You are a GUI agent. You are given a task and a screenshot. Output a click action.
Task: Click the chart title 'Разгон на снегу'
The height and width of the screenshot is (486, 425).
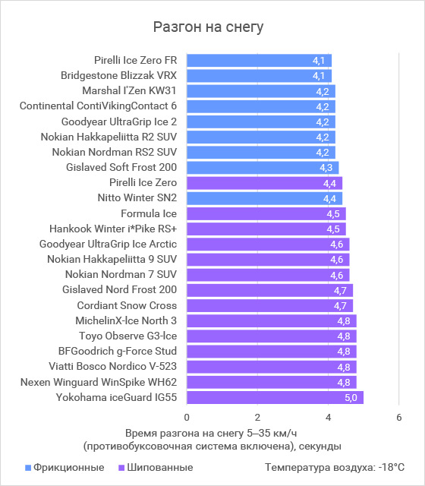[208, 27]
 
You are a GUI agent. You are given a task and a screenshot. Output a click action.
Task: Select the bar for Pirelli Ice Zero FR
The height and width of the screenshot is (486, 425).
[259, 61]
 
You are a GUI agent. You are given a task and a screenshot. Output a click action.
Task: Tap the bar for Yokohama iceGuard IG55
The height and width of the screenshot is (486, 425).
[275, 397]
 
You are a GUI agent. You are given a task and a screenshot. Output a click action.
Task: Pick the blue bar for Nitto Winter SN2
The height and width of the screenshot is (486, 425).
[265, 198]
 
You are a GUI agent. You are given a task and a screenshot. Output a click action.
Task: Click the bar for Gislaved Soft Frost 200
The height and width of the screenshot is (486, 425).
[263, 168]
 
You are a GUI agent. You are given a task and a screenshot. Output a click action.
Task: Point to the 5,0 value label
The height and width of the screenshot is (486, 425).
[351, 398]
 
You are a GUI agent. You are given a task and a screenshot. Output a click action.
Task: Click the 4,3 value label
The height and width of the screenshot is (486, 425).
[326, 168]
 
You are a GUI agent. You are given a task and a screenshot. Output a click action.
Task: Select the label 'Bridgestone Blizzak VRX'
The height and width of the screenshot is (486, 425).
[118, 75]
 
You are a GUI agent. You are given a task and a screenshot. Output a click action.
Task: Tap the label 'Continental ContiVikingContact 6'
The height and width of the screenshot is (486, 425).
[98, 106]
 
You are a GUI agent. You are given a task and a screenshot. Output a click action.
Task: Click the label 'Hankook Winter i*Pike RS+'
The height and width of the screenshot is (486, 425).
[113, 229]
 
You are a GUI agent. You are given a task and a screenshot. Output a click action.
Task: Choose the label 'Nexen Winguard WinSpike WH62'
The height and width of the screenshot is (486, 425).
[99, 382]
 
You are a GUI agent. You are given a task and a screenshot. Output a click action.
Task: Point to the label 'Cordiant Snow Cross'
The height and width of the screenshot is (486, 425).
[127, 305]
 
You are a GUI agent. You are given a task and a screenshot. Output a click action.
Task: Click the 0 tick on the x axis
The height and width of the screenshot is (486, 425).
[187, 417]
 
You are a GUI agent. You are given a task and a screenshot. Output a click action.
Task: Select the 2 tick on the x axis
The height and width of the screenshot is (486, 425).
[257, 417]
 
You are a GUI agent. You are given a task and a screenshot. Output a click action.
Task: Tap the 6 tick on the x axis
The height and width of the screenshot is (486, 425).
[399, 417]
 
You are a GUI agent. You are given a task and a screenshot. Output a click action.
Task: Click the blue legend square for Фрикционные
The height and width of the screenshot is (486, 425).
[28, 468]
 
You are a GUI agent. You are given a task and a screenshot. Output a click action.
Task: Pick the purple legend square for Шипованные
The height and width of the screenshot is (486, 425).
[121, 468]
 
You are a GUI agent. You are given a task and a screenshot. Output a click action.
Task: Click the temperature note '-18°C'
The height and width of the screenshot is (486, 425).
[392, 467]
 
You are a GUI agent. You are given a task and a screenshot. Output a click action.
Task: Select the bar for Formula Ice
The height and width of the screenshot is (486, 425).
[266, 214]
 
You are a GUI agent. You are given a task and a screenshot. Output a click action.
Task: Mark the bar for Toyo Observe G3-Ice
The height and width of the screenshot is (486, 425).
[272, 336]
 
